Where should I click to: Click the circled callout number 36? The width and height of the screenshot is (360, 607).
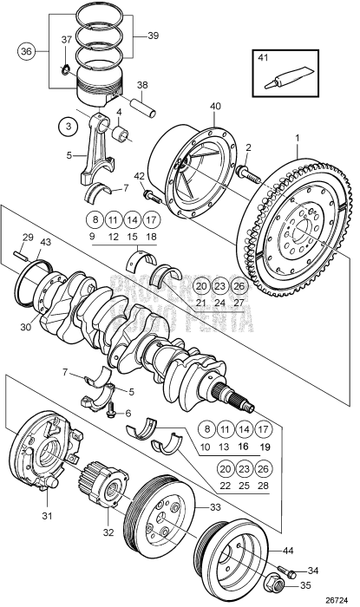(25, 51)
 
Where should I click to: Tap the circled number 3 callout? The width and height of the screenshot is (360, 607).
(67, 127)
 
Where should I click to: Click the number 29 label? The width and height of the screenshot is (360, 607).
(27, 238)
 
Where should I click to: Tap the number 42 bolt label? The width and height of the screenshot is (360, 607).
(141, 177)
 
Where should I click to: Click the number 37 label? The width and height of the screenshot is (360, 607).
(67, 40)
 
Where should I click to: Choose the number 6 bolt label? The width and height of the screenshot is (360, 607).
(128, 414)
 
